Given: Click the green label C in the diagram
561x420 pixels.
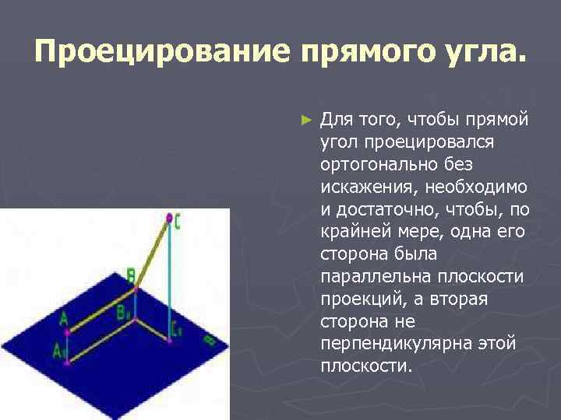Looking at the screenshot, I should (x=178, y=222).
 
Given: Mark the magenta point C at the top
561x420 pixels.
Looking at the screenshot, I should (x=168, y=219).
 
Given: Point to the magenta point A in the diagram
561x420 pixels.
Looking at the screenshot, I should (x=69, y=331).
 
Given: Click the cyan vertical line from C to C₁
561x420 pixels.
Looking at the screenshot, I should (x=168, y=280).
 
